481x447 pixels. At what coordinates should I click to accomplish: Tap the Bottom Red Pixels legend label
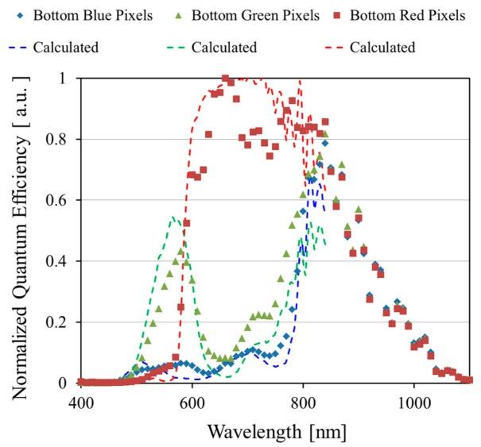(x=408, y=16)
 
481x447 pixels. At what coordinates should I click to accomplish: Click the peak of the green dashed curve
(x=173, y=216)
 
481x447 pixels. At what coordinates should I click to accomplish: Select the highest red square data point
(x=225, y=79)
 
